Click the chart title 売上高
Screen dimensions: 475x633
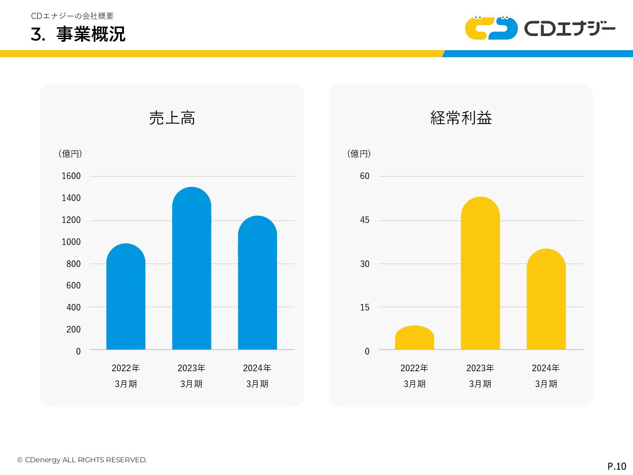coord(172,118)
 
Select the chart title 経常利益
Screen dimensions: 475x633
coord(461,118)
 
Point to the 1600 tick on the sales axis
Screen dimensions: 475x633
coord(71,176)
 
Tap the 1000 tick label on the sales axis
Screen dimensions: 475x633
coord(71,242)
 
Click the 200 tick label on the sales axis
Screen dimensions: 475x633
coord(73,329)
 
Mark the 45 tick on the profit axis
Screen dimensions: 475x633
coord(365,220)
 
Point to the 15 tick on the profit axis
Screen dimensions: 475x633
coord(365,307)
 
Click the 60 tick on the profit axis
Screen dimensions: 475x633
coord(365,176)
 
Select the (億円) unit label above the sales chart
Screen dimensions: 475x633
coord(70,153)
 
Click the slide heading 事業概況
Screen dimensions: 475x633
coord(91,34)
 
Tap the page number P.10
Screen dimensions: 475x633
coord(617,466)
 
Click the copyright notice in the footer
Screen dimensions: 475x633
coord(82,460)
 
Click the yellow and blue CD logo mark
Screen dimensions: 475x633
coord(491,28)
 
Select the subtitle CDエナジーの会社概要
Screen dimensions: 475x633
coord(73,16)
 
